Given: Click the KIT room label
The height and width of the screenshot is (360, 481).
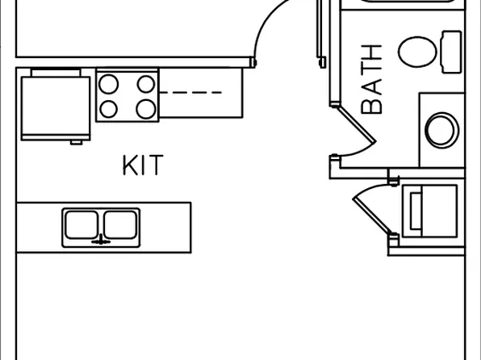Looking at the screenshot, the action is pyautogui.click(x=143, y=165).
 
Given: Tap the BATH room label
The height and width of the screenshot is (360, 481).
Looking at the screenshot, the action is pyautogui.click(x=371, y=79).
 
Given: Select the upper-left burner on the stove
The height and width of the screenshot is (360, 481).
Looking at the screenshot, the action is pyautogui.click(x=109, y=84).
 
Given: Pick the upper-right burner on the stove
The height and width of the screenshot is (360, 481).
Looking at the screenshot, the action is pyautogui.click(x=146, y=84).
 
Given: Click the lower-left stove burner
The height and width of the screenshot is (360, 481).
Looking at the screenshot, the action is pyautogui.click(x=109, y=109).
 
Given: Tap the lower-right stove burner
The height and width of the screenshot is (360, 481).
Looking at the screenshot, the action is pyautogui.click(x=146, y=109).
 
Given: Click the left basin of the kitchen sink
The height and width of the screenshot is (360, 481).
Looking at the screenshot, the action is pyautogui.click(x=82, y=224).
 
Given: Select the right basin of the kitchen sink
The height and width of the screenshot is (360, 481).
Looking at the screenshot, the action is pyautogui.click(x=120, y=224).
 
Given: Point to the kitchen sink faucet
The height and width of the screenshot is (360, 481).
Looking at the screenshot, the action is pyautogui.click(x=101, y=240).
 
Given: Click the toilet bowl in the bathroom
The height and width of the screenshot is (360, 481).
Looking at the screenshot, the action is pyautogui.click(x=417, y=52).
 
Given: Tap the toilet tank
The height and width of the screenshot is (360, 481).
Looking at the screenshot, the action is pyautogui.click(x=451, y=52).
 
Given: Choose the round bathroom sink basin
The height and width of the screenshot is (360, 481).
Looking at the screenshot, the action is pyautogui.click(x=441, y=130).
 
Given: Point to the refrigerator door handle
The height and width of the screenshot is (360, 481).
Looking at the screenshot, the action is pyautogui.click(x=76, y=142).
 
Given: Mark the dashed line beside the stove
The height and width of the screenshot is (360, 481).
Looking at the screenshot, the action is pyautogui.click(x=190, y=92).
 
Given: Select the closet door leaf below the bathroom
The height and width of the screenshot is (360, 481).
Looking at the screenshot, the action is pyautogui.click(x=372, y=216).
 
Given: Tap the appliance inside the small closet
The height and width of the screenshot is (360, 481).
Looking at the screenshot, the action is pyautogui.click(x=430, y=211).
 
